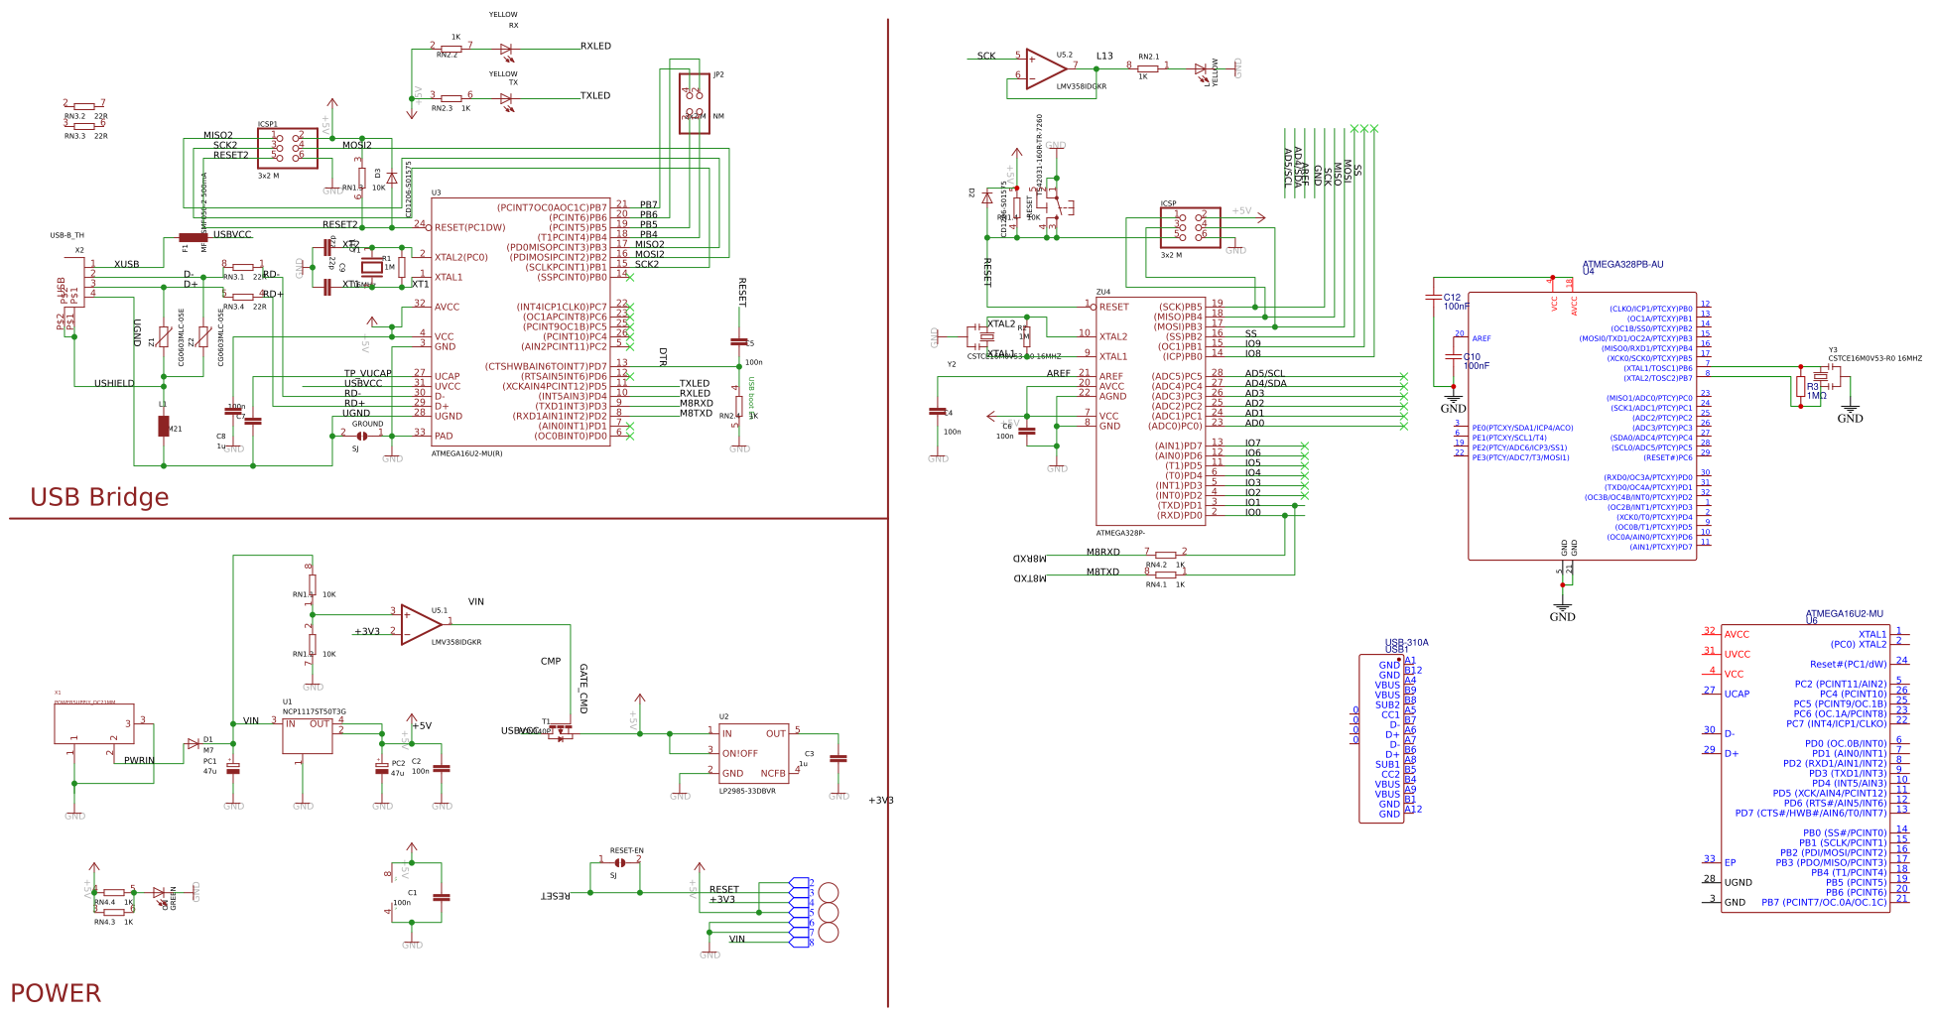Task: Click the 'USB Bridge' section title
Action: (x=99, y=497)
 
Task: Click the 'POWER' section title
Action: (x=56, y=993)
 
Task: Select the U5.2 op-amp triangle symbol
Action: (x=1045, y=68)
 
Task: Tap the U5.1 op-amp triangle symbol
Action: (x=420, y=624)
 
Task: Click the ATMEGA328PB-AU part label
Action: (x=1622, y=265)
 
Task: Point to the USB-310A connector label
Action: (x=1406, y=643)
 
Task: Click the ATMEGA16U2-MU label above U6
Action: (x=1844, y=614)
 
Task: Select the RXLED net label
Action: (x=595, y=47)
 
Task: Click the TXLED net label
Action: (x=595, y=96)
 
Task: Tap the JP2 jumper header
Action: (x=695, y=103)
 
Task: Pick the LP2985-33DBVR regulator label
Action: (x=747, y=791)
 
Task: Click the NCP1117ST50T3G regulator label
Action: (x=315, y=711)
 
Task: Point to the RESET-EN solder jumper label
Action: (x=626, y=850)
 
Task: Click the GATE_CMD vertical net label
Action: (x=583, y=689)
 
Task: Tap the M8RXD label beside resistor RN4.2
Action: (x=1102, y=553)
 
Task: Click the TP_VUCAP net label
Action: (x=367, y=374)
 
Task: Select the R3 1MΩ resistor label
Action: (x=1816, y=391)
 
